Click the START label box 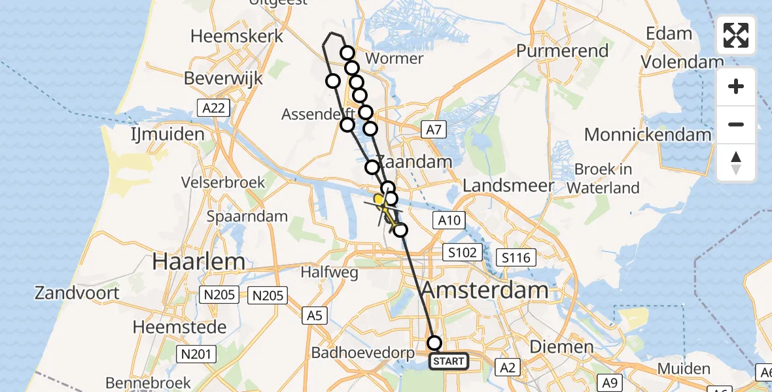449,361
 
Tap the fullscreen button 736,35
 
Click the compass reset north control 736,163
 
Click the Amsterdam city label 485,290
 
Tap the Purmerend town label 562,50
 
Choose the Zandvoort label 77,292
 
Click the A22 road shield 214,108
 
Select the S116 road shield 515,257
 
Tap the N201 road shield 194,354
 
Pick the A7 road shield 433,130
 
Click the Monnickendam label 648,135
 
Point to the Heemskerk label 237,35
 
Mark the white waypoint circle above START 434,342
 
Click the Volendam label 682,62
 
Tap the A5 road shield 315,316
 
